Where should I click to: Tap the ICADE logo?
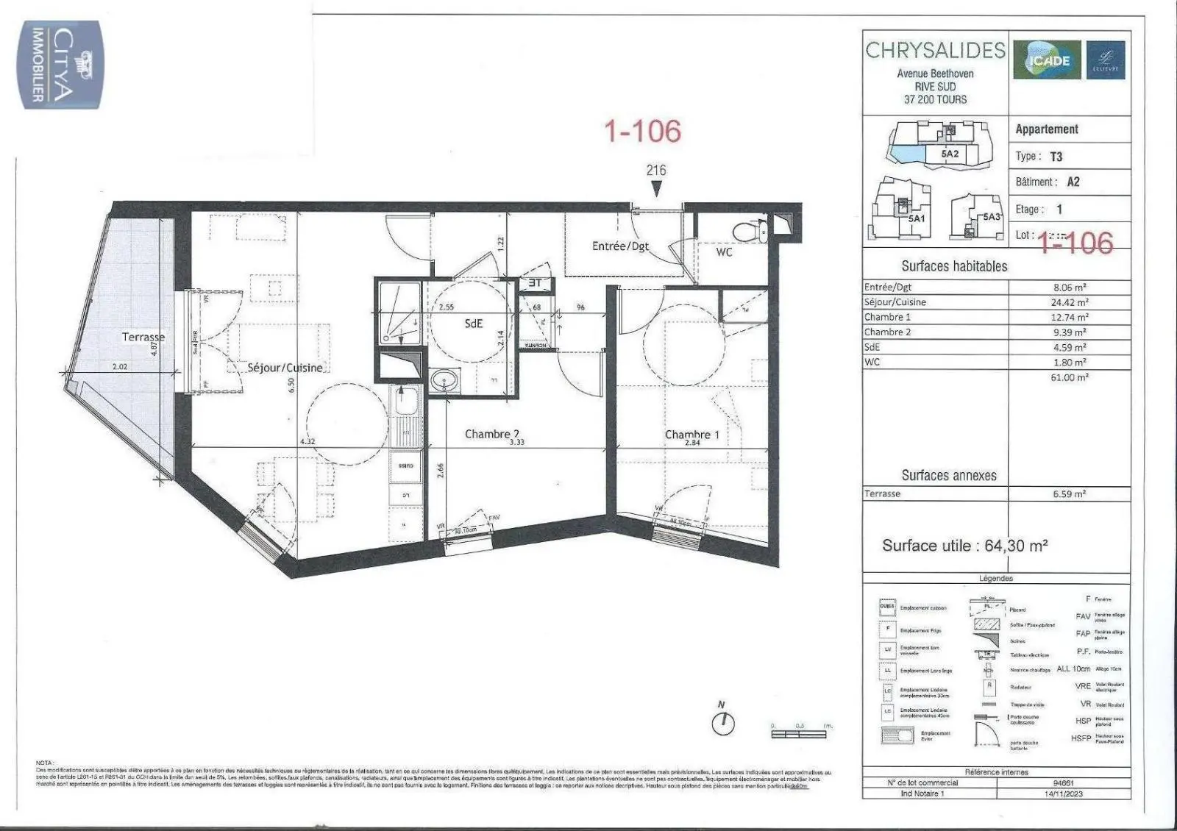(1047, 60)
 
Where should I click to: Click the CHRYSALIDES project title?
(935, 50)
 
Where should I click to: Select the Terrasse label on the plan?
(143, 337)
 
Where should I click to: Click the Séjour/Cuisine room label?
(285, 367)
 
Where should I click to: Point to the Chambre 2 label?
(492, 434)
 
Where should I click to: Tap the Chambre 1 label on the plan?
(691, 435)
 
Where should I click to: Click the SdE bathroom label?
(473, 323)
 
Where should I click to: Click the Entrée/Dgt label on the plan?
(620, 246)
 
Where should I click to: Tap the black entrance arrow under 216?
(656, 188)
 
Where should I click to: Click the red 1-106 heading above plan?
(642, 131)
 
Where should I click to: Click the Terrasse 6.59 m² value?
(1069, 494)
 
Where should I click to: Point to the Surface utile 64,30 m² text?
(964, 546)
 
